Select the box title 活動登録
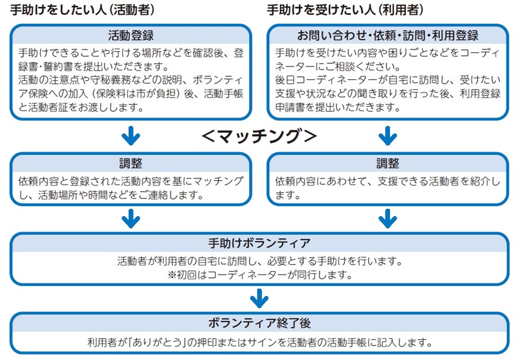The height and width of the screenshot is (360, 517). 131,36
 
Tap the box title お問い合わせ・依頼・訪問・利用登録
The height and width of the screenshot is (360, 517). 388,36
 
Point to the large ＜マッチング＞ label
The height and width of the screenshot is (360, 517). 259,136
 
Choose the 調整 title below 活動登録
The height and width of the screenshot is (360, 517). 131,164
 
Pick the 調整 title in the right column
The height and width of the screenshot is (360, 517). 388,164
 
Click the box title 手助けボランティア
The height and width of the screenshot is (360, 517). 259,243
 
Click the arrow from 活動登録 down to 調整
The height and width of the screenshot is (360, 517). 131,136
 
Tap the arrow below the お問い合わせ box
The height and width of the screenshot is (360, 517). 388,136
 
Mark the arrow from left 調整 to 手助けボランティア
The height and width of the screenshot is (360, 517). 131,218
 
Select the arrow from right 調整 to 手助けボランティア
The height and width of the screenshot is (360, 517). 388,218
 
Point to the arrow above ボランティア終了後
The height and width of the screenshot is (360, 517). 259,298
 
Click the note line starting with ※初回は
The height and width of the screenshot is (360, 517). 259,274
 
